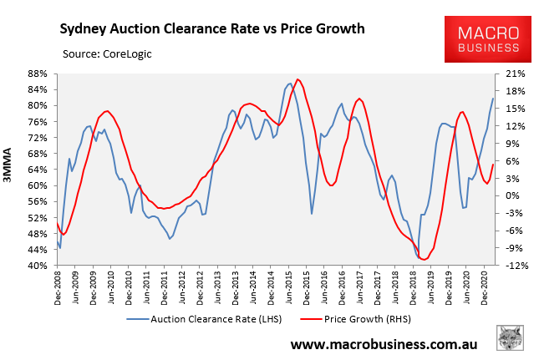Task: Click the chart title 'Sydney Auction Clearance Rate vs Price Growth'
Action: click(x=211, y=29)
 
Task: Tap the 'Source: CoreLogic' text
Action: click(x=113, y=54)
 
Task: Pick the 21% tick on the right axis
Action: click(x=514, y=74)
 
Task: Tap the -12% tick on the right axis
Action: click(x=514, y=266)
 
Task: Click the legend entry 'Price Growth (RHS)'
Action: click(x=369, y=318)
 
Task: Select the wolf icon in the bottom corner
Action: click(x=509, y=339)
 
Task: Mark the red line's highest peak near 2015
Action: click(x=298, y=79)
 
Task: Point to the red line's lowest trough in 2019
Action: click(x=424, y=260)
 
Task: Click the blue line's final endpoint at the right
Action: click(x=493, y=99)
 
